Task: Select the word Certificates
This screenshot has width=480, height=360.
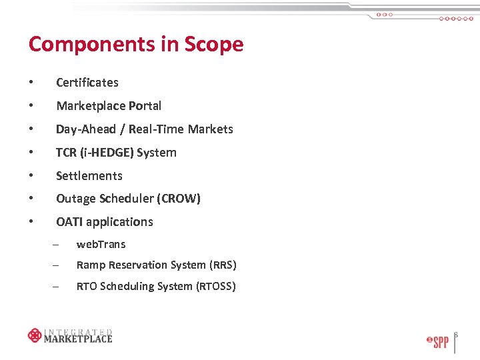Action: pos(87,83)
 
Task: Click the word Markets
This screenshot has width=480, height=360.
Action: pos(211,129)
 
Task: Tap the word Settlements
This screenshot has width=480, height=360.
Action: pos(89,176)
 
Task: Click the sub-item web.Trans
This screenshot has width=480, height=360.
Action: pos(101,245)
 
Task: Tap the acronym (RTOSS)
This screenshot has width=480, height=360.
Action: pos(216,287)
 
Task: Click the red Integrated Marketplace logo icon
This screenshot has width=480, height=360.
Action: pos(35,335)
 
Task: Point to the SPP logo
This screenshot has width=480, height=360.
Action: pos(437,342)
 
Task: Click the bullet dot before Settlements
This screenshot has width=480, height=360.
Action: pos(31,176)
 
